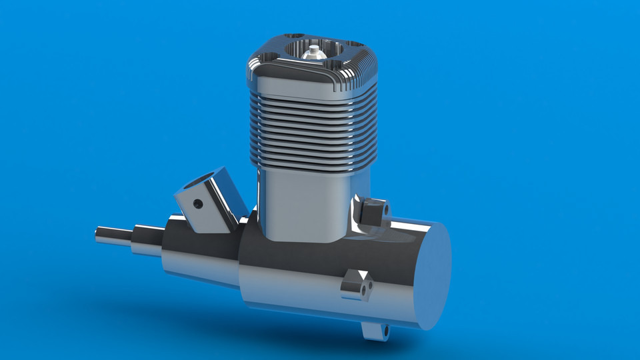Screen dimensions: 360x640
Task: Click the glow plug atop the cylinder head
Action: coord(311,52)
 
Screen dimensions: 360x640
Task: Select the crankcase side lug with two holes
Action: coord(356,285)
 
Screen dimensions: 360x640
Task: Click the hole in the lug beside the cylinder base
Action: coord(385,209)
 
